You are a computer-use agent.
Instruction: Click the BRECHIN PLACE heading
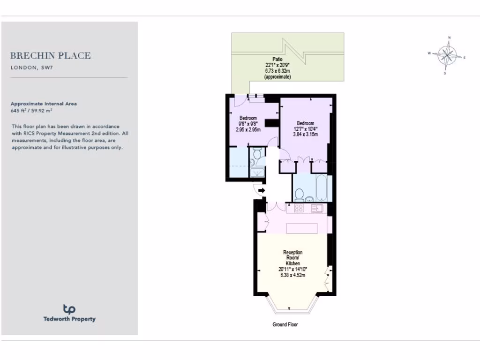pyautogui.click(x=51, y=56)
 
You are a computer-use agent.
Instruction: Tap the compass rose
pyautogui.click(x=448, y=55)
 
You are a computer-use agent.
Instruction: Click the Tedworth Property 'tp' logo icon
pyautogui.click(x=69, y=309)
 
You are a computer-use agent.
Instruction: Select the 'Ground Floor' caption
pyautogui.click(x=285, y=324)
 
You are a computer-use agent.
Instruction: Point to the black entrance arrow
pyautogui.click(x=261, y=190)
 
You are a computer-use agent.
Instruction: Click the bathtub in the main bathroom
pyautogui.click(x=322, y=187)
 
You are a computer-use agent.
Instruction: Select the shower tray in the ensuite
pyautogui.click(x=256, y=172)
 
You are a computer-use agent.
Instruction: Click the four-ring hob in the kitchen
pyautogui.click(x=298, y=208)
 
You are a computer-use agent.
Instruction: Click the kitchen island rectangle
pyautogui.click(x=302, y=228)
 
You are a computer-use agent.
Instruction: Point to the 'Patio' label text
pyautogui.click(x=277, y=59)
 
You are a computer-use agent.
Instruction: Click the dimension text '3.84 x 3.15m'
pyautogui.click(x=306, y=135)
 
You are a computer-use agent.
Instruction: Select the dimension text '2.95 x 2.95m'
pyautogui.click(x=248, y=129)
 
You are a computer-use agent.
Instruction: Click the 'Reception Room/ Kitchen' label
pyautogui.click(x=293, y=258)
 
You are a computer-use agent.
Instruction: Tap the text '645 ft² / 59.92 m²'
pyautogui.click(x=31, y=111)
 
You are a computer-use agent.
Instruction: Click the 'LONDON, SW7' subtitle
pyautogui.click(x=31, y=67)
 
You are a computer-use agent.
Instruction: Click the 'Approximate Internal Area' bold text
pyautogui.click(x=44, y=104)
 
